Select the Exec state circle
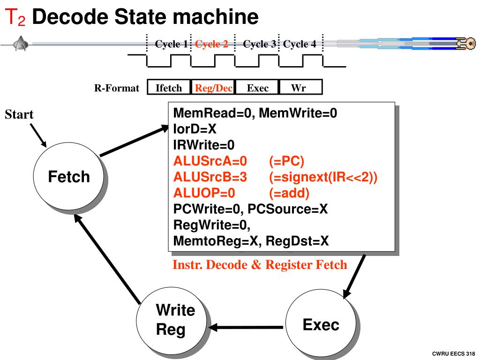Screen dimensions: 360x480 (x=321, y=325)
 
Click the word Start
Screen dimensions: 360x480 (x=19, y=114)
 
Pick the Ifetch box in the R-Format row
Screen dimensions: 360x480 (x=169, y=88)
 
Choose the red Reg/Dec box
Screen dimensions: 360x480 (x=213, y=88)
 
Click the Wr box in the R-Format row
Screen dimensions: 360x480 (x=300, y=88)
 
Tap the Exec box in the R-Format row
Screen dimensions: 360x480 (x=257, y=88)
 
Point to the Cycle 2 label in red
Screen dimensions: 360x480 (x=211, y=45)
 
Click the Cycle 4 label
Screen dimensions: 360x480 (x=300, y=45)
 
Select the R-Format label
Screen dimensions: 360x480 (x=117, y=88)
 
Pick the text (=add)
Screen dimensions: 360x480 (x=289, y=193)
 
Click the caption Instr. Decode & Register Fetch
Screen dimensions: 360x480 (x=260, y=265)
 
